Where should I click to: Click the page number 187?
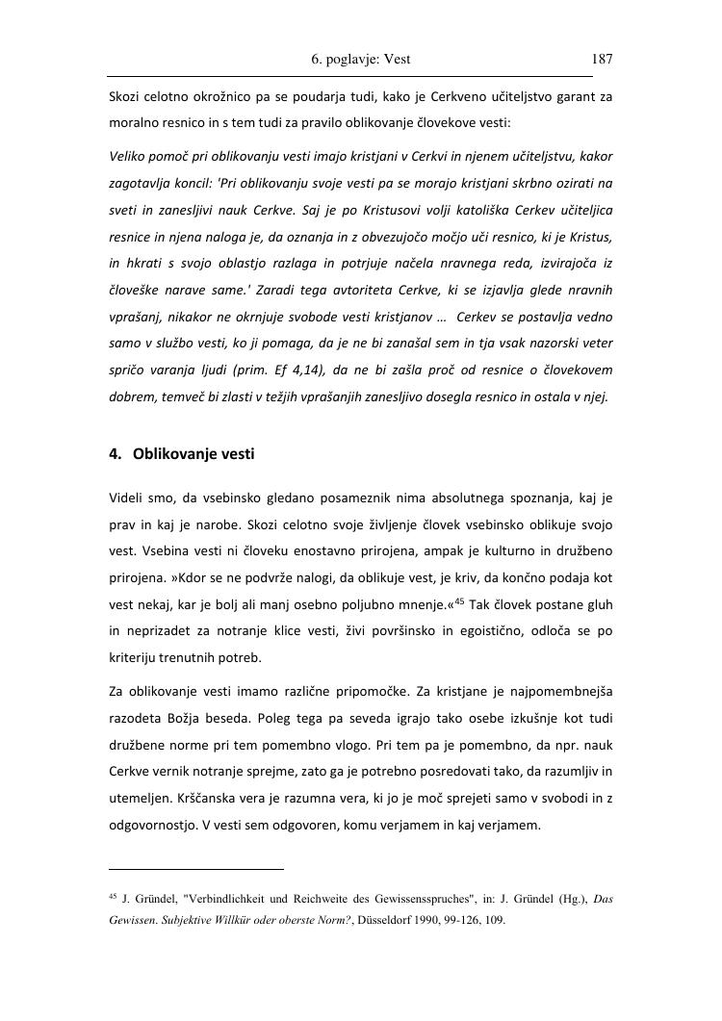(602, 59)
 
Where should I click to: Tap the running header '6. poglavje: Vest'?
(361, 59)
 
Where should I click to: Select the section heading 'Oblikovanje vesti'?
(193, 453)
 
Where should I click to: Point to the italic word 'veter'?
(595, 343)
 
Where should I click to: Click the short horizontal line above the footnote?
(195, 868)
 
